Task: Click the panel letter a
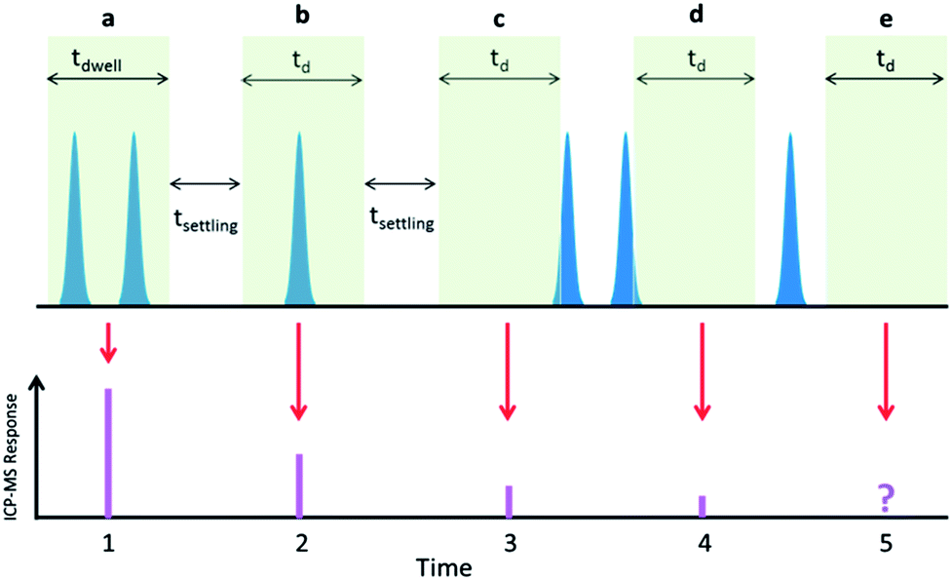108,16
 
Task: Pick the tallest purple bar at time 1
108,452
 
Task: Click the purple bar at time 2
299,484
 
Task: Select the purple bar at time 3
509,501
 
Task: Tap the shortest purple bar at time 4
702,506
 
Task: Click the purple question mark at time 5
885,499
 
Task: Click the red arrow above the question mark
885,370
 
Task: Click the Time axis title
445,565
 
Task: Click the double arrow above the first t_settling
206,182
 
